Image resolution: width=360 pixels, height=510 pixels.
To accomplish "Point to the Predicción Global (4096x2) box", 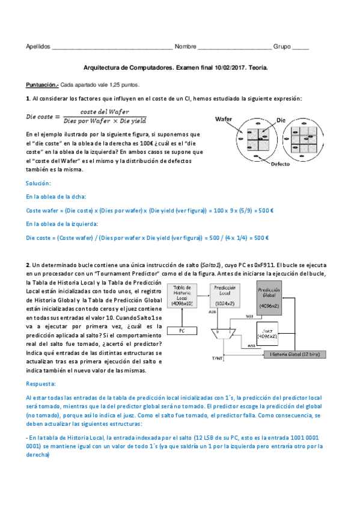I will pos(269,296).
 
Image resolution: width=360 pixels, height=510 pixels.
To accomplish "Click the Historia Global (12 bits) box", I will pos(296,354).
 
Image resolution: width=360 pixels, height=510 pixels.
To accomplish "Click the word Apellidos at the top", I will pos(38,47).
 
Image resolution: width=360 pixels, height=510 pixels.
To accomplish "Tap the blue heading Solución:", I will pos(38,183).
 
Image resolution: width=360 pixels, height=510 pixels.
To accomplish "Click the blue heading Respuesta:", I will pos(41,383).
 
